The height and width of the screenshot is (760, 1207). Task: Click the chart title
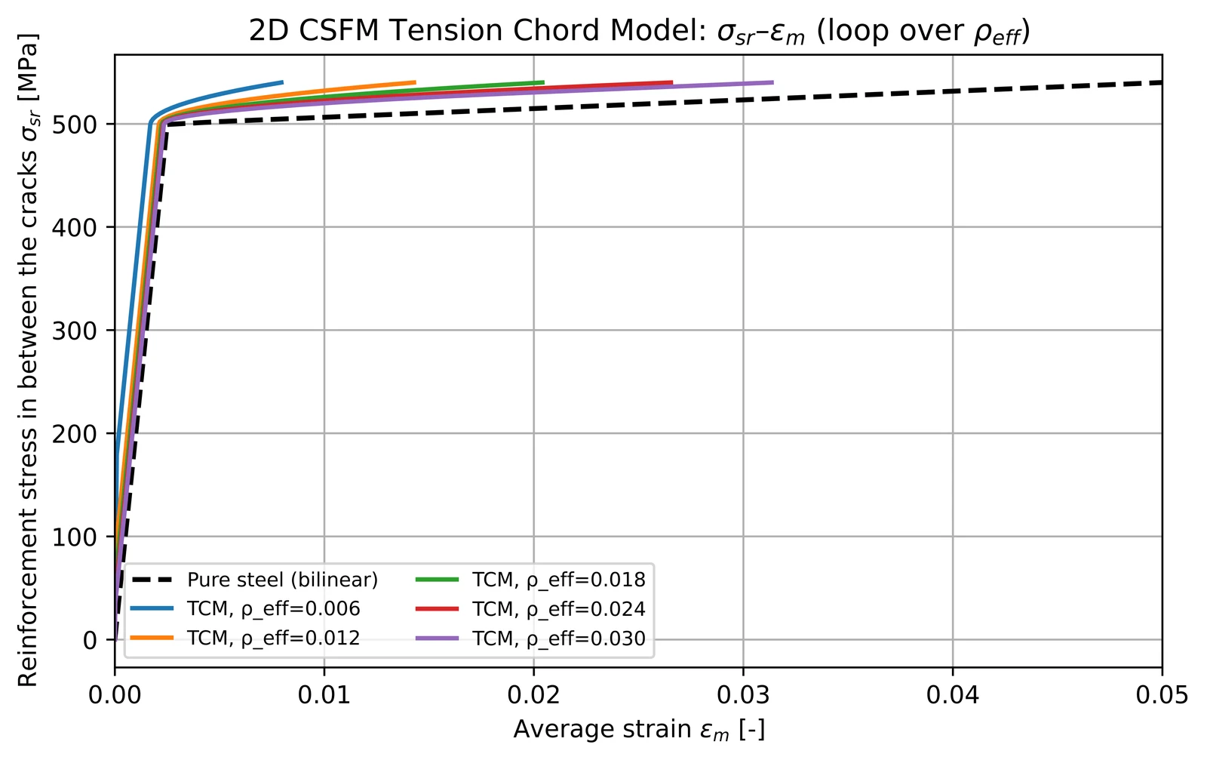[x=639, y=31]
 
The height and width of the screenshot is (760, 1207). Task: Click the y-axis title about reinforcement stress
[x=28, y=360]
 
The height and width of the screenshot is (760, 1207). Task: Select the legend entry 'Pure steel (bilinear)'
[x=254, y=580]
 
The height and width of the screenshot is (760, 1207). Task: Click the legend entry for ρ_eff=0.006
[x=245, y=609]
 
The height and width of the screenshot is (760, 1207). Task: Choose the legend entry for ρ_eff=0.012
[x=245, y=638]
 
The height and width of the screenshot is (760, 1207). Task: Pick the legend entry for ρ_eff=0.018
[x=531, y=580]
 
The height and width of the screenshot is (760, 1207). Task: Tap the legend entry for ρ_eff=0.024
[x=531, y=609]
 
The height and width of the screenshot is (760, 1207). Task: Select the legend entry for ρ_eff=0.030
[x=531, y=638]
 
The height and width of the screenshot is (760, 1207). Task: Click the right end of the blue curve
[x=282, y=82]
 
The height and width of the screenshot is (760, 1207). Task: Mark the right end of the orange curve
[x=415, y=82]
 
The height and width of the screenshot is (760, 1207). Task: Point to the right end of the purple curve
[x=772, y=82]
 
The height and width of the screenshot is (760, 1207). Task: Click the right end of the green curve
[x=543, y=82]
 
